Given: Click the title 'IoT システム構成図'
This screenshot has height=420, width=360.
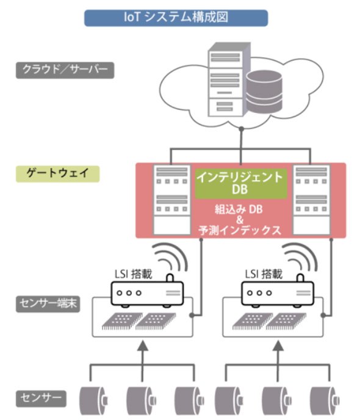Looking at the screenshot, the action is (176, 18).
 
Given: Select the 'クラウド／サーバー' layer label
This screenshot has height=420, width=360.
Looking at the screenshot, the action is (65, 70).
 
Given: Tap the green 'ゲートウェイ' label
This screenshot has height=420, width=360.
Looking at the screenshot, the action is (57, 174).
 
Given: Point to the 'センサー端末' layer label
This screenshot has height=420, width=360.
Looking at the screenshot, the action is (48, 304).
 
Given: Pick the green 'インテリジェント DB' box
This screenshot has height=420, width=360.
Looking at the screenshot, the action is (241, 184).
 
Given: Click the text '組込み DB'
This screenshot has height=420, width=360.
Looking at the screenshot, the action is (239, 209).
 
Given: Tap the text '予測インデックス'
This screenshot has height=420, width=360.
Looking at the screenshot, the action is (240, 230).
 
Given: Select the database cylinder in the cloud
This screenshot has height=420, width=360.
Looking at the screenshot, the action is (264, 92).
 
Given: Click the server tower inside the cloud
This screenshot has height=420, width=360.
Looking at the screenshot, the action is (229, 79).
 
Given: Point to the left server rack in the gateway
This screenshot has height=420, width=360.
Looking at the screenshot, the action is (171, 200).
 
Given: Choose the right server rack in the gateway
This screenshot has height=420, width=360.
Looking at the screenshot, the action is (311, 200).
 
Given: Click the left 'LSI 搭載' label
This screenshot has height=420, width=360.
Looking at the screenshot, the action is (133, 274).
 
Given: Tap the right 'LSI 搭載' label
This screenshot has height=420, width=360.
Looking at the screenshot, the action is (264, 274).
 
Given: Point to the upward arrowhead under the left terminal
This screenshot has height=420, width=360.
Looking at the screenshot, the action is (143, 346).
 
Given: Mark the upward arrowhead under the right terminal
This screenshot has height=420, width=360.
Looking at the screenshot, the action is (278, 346).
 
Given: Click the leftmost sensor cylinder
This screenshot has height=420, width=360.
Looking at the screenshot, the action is (93, 400).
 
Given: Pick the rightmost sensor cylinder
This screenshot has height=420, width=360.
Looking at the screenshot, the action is (325, 400).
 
